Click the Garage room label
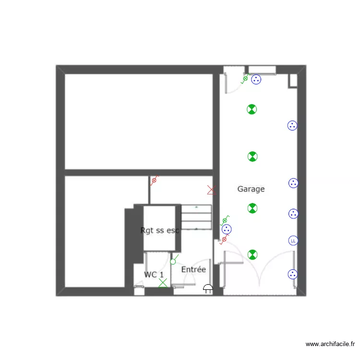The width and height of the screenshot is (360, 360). [251, 189]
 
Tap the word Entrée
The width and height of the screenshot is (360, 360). [193, 270]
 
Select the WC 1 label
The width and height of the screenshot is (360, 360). [154, 275]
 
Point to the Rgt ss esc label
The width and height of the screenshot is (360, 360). [160, 230]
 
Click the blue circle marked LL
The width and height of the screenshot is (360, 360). [293, 240]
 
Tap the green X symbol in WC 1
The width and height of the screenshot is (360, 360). [163, 283]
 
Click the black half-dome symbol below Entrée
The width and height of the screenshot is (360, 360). [208, 289]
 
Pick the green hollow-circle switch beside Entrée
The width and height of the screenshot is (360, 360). [173, 262]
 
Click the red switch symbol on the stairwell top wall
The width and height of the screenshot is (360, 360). [154, 181]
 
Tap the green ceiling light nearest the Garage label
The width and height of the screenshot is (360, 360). [252, 208]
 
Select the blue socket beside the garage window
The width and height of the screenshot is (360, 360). [256, 80]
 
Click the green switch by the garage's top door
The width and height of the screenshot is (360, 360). [245, 78]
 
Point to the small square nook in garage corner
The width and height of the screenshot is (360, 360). [293, 81]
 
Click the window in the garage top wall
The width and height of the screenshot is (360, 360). [262, 70]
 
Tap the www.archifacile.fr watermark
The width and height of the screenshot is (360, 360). [331, 344]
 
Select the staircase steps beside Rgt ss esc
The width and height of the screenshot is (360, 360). [196, 217]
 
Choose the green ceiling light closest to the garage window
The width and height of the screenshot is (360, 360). [252, 109]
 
